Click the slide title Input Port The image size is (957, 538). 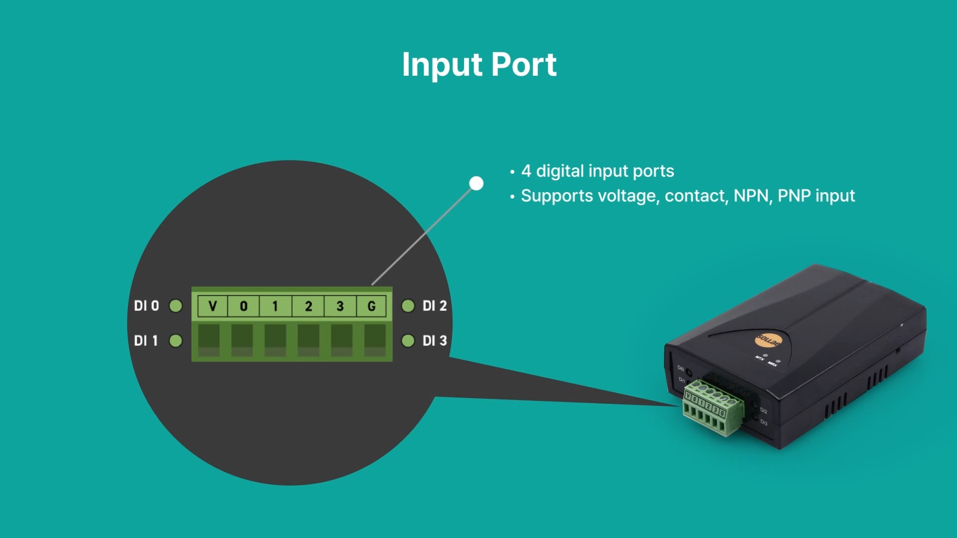(479, 65)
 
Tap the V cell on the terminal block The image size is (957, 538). (212, 306)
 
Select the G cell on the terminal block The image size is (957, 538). (371, 306)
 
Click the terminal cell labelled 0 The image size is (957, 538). (244, 306)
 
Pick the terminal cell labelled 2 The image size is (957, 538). (309, 306)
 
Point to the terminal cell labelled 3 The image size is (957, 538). (340, 306)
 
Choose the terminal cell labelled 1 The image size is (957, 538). (275, 306)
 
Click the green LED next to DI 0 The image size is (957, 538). (175, 305)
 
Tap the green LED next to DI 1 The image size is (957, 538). (175, 341)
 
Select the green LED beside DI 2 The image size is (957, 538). (408, 305)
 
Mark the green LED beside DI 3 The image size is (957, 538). (408, 341)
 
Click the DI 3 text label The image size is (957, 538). (435, 341)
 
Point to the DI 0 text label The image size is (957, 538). (147, 305)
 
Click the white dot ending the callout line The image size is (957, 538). (477, 183)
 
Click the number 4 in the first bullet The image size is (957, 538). (526, 171)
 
